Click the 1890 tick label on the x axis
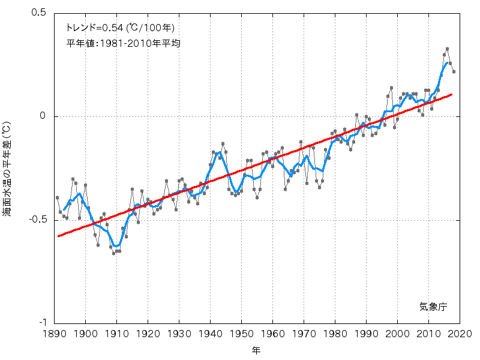point(54,334)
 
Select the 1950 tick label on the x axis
point(242,334)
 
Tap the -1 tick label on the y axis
point(42,323)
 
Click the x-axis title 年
point(257,349)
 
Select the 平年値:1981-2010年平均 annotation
point(123,43)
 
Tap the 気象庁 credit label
point(433,306)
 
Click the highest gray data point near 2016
point(448,49)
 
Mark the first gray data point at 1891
point(58,197)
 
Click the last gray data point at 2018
point(454,72)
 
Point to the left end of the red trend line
point(58,236)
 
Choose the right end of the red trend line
point(451,94)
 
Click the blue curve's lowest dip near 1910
point(116,245)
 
